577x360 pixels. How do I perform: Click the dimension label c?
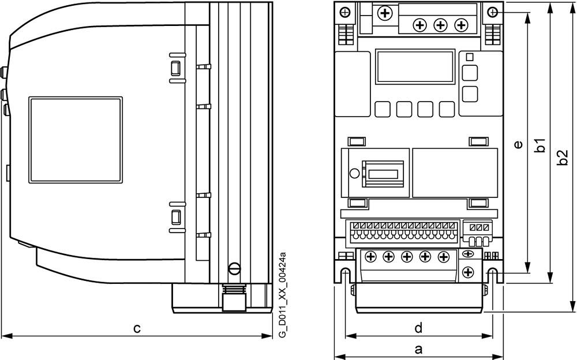[137, 328]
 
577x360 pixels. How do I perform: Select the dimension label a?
[419, 348]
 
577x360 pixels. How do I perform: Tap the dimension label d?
[419, 328]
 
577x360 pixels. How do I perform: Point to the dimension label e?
[518, 145]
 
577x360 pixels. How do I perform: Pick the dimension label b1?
[540, 145]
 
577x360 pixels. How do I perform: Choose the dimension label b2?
[563, 157]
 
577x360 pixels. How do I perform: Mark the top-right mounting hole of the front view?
[492, 12]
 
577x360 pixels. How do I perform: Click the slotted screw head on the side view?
[234, 268]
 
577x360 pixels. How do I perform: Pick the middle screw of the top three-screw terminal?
[440, 25]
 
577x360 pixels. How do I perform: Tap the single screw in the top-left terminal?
[383, 12]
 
